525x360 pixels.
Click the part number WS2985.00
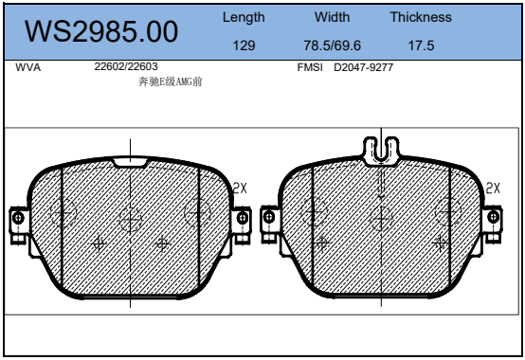[x=101, y=31]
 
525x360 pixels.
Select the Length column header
[x=244, y=17]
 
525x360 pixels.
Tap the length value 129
[x=244, y=45]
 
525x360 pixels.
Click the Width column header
[x=332, y=17]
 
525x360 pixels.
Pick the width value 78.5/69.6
[x=332, y=45]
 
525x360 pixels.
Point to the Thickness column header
[x=421, y=17]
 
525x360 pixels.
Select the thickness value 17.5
[x=421, y=45]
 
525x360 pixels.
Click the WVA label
[x=28, y=67]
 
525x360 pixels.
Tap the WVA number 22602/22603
[x=126, y=66]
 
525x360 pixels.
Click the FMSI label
[x=310, y=67]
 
